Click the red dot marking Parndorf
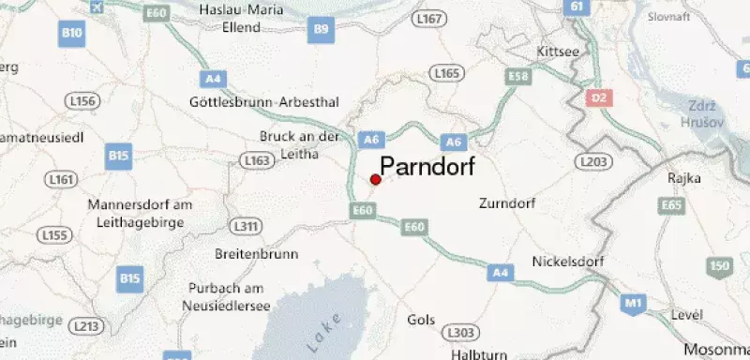click(375, 179)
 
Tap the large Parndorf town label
click(427, 166)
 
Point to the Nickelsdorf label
click(566, 262)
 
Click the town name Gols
click(421, 320)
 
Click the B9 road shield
click(322, 31)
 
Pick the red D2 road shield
click(598, 97)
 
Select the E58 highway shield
click(517, 74)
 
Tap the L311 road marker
click(246, 227)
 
